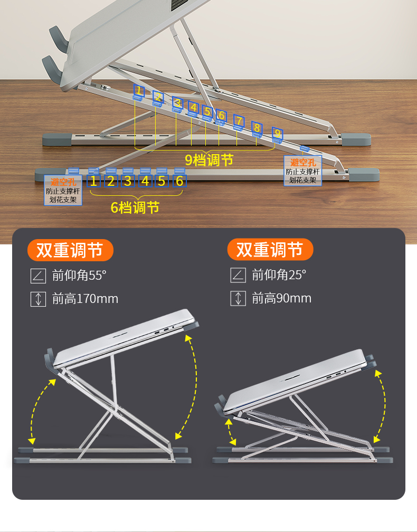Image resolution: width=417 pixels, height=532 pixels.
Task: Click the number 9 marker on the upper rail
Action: (x=277, y=134)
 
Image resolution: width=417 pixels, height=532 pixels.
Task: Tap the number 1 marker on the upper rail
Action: (x=138, y=90)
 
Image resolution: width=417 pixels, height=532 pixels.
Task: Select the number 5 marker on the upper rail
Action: (x=207, y=112)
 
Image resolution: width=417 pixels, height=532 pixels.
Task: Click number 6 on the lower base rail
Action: (x=179, y=182)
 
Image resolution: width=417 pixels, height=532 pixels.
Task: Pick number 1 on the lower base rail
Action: (x=93, y=182)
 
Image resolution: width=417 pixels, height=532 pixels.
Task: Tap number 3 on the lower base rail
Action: (x=128, y=182)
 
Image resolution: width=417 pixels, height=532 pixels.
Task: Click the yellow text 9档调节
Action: (x=209, y=160)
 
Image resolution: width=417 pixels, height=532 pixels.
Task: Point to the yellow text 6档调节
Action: (x=135, y=207)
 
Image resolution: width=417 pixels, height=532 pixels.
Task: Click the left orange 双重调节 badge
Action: (x=70, y=250)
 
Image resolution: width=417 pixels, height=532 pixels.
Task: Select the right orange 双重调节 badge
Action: (x=270, y=250)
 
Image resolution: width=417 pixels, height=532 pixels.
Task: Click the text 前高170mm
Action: (x=85, y=299)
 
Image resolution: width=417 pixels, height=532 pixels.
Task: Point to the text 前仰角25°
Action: (x=279, y=275)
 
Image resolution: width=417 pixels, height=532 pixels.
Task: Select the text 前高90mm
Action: (x=281, y=299)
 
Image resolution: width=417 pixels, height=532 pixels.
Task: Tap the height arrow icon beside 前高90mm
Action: (x=238, y=299)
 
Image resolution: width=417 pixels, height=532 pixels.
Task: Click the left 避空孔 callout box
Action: (x=63, y=191)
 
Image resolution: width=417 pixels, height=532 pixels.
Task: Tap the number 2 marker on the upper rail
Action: (x=158, y=97)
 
